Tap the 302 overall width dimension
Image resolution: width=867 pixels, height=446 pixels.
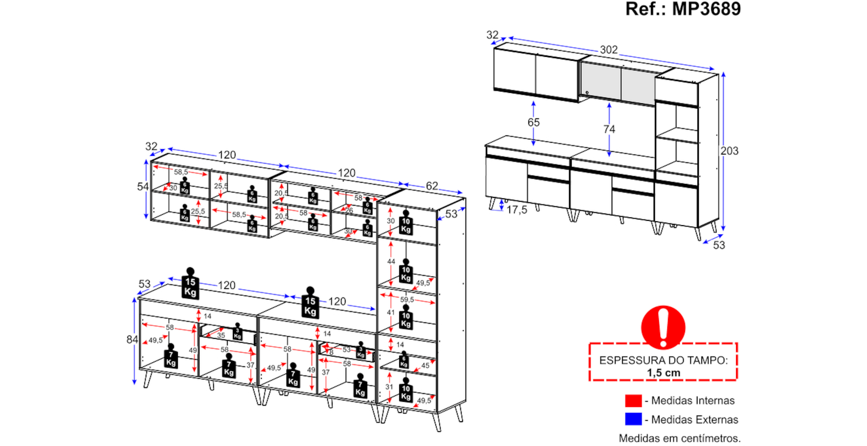tap(609, 49)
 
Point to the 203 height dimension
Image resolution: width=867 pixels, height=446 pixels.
tap(729, 151)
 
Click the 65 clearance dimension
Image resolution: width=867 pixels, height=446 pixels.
tap(533, 122)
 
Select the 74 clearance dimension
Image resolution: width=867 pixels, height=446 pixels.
tap(609, 129)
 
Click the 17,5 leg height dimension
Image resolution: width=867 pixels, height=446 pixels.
tap(517, 210)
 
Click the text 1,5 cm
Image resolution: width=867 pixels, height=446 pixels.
tap(663, 373)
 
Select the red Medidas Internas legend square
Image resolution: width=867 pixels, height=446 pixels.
tap(633, 400)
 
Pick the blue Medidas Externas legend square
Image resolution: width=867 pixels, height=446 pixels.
tap(633, 419)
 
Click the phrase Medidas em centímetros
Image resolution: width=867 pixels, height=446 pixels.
tap(679, 438)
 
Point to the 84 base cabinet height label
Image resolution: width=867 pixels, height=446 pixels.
tap(132, 340)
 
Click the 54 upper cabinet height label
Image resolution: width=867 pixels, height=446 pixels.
tap(143, 187)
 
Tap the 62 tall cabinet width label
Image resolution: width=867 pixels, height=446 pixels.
tap(432, 186)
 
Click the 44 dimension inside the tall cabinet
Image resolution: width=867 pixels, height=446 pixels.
tap(391, 262)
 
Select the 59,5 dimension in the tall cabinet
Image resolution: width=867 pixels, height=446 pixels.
tap(407, 300)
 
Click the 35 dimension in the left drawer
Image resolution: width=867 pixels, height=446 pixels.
tap(221, 335)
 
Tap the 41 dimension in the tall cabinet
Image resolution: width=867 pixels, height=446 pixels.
tap(391, 312)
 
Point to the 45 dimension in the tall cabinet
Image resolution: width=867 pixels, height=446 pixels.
tap(425, 365)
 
